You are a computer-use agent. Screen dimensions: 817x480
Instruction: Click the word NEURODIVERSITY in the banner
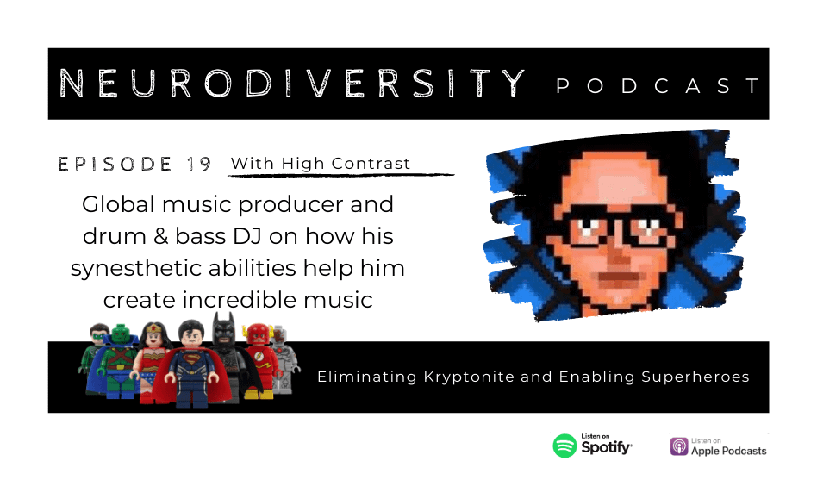click(x=292, y=83)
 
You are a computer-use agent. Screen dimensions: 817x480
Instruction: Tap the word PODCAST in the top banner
click(x=658, y=85)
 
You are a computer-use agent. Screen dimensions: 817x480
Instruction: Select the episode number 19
click(x=198, y=165)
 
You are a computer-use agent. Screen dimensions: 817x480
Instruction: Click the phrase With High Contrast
click(x=321, y=164)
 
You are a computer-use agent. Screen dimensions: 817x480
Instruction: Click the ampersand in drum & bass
click(x=161, y=237)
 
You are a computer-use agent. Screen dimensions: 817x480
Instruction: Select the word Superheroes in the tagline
click(x=695, y=377)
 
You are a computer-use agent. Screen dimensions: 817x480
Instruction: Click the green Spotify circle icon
click(x=564, y=446)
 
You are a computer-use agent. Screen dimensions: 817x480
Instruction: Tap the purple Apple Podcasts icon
click(x=679, y=446)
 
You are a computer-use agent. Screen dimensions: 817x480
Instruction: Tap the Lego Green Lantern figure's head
click(x=98, y=334)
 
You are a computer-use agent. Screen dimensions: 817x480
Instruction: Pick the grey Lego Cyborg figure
click(x=284, y=359)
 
